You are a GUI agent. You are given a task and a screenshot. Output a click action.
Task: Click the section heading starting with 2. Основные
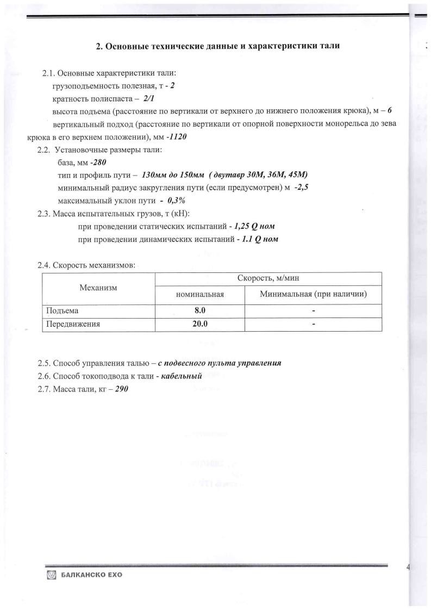218,46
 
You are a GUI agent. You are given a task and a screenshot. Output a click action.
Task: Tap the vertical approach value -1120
177,137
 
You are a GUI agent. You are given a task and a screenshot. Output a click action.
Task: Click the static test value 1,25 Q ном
258,226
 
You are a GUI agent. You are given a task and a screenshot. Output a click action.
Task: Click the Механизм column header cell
98,287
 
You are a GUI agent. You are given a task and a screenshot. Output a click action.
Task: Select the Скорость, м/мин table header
268,278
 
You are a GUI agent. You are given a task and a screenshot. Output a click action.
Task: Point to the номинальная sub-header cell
200,295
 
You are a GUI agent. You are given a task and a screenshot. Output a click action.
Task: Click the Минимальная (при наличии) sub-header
313,295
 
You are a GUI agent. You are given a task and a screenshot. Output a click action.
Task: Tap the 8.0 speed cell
200,311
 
